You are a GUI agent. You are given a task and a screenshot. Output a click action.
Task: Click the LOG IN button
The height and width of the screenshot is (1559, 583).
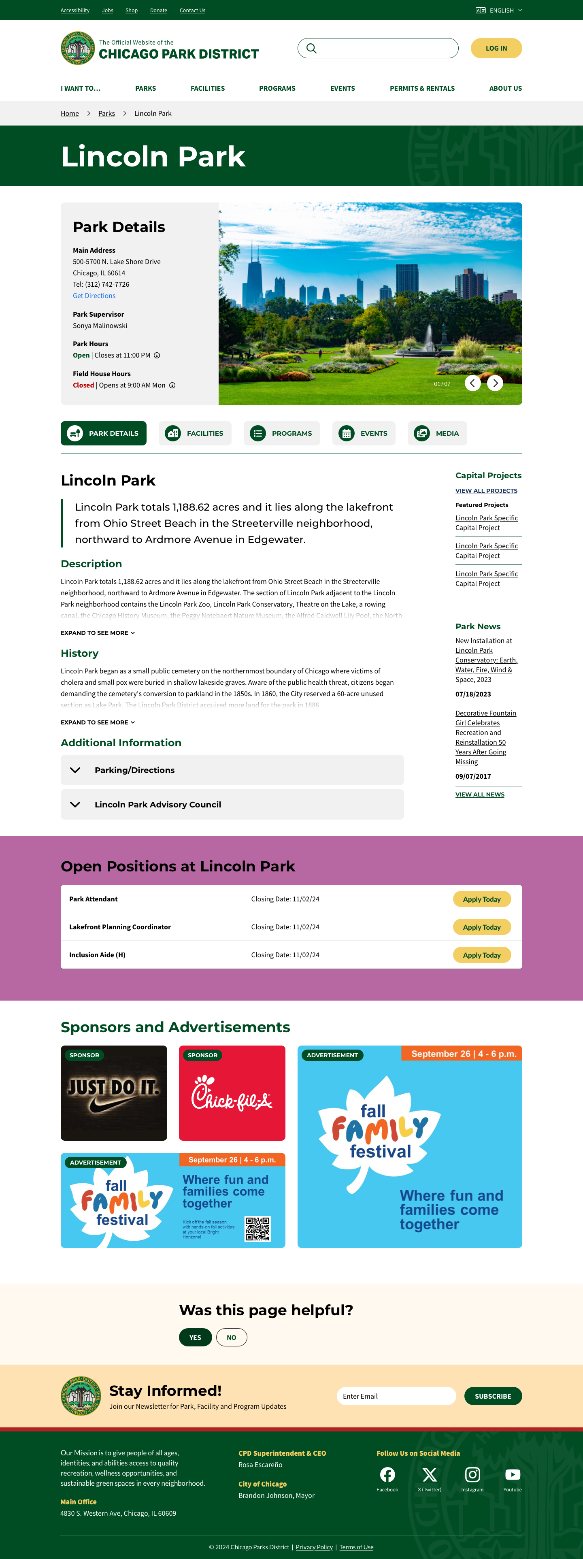coord(496,49)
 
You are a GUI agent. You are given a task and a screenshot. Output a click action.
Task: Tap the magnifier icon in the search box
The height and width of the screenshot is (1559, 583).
coord(311,49)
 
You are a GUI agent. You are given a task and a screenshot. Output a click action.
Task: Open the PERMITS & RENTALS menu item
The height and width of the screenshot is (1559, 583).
coord(422,88)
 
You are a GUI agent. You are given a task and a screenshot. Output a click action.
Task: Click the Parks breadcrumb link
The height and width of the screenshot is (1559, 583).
coord(106,114)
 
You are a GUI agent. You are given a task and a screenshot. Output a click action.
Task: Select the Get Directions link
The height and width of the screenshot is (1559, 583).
coord(94,296)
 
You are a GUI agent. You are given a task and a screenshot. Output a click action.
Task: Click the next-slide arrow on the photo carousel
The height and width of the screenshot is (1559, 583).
coord(495,383)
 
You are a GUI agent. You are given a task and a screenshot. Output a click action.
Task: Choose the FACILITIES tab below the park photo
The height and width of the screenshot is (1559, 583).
coord(195,433)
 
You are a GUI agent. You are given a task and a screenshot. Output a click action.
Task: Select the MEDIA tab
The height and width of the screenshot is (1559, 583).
coord(437,433)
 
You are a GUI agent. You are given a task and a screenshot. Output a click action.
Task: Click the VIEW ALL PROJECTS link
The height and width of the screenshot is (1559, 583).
coord(486,491)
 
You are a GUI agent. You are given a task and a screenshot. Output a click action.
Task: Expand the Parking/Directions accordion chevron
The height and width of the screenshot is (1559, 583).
coord(75,771)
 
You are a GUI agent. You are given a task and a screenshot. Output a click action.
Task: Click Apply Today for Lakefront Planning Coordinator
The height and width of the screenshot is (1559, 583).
coord(481,927)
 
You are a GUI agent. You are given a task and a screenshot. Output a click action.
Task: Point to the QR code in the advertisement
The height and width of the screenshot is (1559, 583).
coord(257,1229)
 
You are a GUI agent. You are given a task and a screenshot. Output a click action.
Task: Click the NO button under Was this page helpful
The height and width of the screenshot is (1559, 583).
coord(231,1338)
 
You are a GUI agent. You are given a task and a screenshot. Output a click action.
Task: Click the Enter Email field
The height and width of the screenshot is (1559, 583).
coord(396,1396)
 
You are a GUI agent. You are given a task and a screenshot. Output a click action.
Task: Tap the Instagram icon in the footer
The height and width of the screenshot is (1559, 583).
coord(472,1475)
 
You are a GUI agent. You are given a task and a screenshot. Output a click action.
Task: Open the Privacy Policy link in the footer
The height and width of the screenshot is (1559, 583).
coord(314,1547)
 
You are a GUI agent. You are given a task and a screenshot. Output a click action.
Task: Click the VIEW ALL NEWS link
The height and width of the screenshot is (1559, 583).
coord(479,794)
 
